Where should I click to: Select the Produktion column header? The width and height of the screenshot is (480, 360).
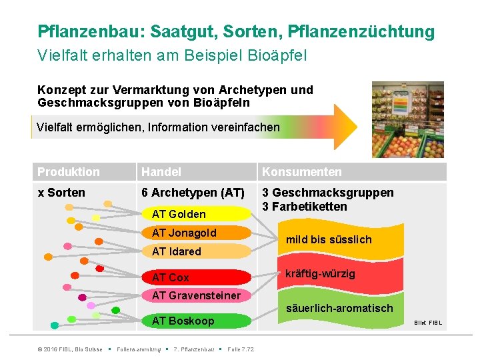[69, 172]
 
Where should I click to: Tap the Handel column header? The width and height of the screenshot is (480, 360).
[161, 172]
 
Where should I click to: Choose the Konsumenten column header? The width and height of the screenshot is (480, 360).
[301, 172]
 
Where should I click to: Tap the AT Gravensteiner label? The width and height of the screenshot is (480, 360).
[196, 295]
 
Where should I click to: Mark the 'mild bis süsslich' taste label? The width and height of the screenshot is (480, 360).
[329, 239]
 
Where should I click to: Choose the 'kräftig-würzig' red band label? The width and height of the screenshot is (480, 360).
[320, 274]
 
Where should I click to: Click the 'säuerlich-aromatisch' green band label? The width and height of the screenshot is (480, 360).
[339, 308]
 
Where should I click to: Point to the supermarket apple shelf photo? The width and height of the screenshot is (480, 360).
[407, 119]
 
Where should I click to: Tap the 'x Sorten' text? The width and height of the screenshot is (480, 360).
[61, 193]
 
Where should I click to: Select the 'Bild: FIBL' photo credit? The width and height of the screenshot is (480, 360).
[427, 323]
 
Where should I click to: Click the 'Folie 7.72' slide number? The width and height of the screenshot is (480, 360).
[241, 349]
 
